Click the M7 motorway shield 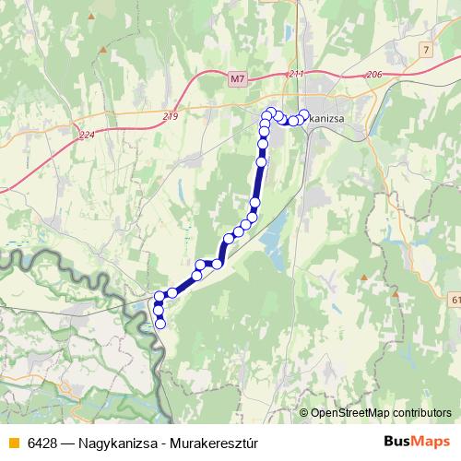[x=238, y=79]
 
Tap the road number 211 [x=295, y=73]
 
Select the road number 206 [x=373, y=74]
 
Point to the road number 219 [x=170, y=115]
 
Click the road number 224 [x=87, y=135]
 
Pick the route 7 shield [x=423, y=47]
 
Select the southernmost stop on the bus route [x=160, y=324]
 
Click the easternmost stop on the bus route [x=304, y=114]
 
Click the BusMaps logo [x=416, y=443]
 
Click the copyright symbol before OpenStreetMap [x=303, y=413]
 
